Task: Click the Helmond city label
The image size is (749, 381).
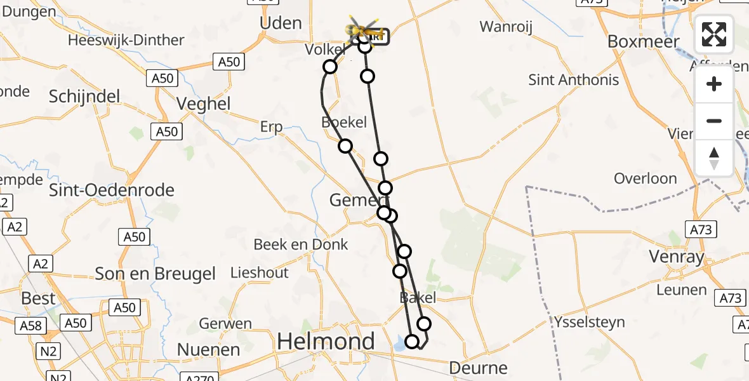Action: coord(326,342)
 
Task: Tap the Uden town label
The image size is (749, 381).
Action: coord(281,23)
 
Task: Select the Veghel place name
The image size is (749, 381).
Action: coord(203,104)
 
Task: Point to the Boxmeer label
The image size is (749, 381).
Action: coord(644,41)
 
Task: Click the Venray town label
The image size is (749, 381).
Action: coord(677,257)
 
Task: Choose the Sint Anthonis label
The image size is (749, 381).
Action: coord(574,80)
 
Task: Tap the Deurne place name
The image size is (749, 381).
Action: coord(478,367)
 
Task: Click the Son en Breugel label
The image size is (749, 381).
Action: coord(156,274)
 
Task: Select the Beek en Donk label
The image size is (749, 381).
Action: coord(301,244)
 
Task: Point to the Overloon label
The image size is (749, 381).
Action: coord(646,178)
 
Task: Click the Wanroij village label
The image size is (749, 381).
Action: coord(506,27)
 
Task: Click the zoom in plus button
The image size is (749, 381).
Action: coord(714,84)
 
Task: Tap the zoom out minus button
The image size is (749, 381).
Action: coord(714,121)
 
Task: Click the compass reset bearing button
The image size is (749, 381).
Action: coord(714,157)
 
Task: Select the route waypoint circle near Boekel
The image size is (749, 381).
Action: coord(345,146)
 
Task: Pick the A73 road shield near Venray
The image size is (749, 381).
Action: coord(700,229)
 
